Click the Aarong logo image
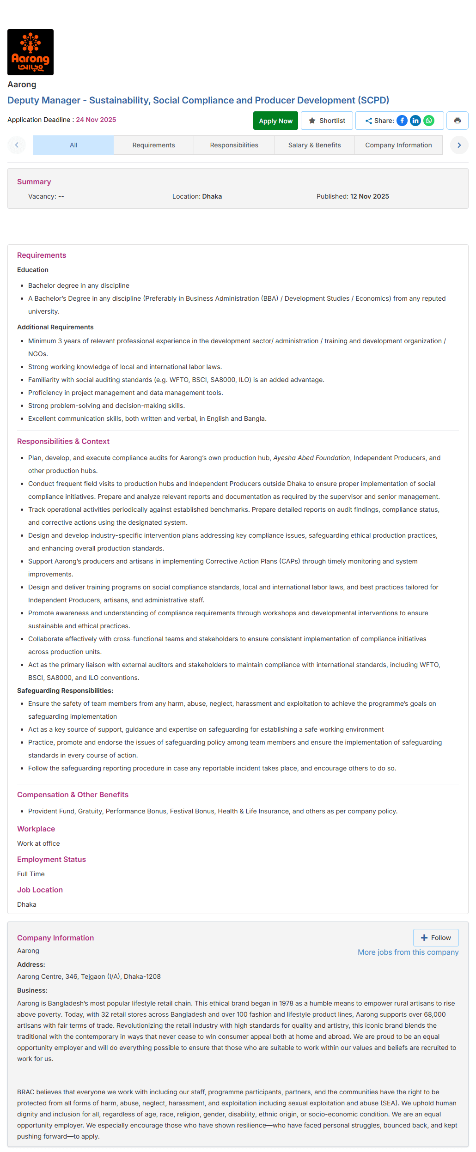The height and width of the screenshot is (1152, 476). (x=31, y=52)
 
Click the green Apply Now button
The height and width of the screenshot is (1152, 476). (x=275, y=121)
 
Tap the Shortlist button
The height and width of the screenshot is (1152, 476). (x=327, y=121)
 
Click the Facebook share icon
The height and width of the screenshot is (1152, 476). (x=402, y=121)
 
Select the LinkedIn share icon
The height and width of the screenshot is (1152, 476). (x=415, y=121)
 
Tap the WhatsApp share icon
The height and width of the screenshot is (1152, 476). (x=429, y=121)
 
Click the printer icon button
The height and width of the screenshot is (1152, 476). (x=457, y=121)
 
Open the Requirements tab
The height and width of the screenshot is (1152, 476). (x=153, y=145)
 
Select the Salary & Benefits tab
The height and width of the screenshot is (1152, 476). (x=314, y=145)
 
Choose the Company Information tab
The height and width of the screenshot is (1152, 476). (x=398, y=145)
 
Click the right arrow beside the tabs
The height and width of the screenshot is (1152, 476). (x=459, y=145)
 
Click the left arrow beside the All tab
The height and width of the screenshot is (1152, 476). (x=17, y=145)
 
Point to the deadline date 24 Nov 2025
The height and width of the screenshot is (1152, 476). (x=96, y=120)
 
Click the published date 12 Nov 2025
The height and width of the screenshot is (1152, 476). (x=369, y=196)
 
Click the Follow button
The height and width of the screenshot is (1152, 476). (x=436, y=938)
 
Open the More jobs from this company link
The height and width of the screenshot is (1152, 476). (x=408, y=952)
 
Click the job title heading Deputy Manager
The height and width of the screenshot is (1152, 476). (x=198, y=100)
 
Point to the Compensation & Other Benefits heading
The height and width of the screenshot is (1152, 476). (x=73, y=794)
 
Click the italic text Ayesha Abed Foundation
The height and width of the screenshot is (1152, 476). (x=311, y=458)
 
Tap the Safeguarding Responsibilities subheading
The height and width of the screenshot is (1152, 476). (x=65, y=691)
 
